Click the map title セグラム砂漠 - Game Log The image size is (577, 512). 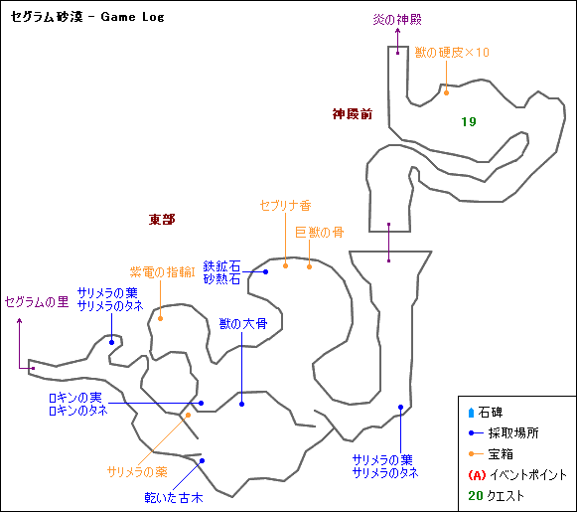[87, 17]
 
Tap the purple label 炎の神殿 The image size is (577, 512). [397, 19]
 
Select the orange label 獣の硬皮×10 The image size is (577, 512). [452, 53]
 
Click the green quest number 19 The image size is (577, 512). [469, 121]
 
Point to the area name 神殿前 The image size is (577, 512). [353, 114]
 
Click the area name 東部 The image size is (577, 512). [162, 220]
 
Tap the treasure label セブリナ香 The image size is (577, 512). [286, 205]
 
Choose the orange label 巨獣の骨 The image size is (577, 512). [320, 233]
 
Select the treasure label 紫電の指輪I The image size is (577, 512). [162, 272]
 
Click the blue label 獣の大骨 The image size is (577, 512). [243, 324]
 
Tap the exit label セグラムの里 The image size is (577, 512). [37, 302]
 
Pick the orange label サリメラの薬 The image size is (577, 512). [137, 472]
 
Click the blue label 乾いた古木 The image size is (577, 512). [174, 498]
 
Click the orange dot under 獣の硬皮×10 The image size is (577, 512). [446, 92]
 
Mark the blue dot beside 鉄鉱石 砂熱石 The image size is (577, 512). [266, 271]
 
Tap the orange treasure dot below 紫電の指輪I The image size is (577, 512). [161, 318]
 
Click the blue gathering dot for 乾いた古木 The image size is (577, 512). [202, 461]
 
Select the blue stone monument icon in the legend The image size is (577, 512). [471, 413]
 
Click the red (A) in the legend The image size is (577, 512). [477, 475]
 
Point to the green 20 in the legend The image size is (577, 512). [476, 496]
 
